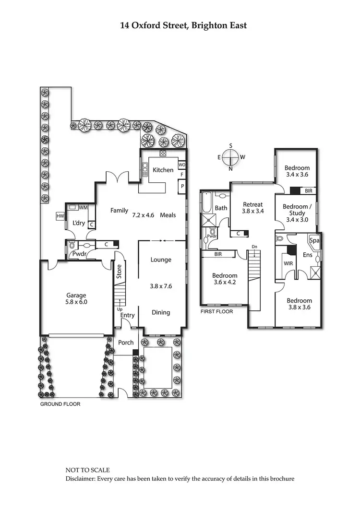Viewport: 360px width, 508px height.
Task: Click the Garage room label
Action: pos(77,295)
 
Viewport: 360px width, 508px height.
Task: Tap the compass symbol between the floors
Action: pos(231,157)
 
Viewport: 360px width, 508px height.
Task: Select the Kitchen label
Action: pos(163,170)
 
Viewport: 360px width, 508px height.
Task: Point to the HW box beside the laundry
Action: pos(60,216)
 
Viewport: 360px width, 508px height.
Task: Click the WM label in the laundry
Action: pos(83,207)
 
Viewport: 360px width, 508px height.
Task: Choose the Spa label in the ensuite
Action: pos(315,240)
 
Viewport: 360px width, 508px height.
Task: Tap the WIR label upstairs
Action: pos(288,263)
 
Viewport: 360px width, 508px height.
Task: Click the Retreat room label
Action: pos(252,204)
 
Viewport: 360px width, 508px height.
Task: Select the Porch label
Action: pos(126,343)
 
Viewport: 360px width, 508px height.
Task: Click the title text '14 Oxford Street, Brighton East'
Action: pos(183,25)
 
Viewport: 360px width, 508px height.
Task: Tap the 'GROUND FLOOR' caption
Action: pos(60,404)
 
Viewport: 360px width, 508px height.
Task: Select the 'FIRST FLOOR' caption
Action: pos(217,311)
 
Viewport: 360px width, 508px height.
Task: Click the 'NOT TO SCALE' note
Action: pos(88,470)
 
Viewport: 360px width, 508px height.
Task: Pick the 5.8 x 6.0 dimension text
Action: pos(77,302)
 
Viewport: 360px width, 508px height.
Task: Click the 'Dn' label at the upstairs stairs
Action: pos(255,248)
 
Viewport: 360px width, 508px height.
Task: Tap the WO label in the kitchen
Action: pos(181,165)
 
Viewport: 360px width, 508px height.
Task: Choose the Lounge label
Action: pos(161,260)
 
